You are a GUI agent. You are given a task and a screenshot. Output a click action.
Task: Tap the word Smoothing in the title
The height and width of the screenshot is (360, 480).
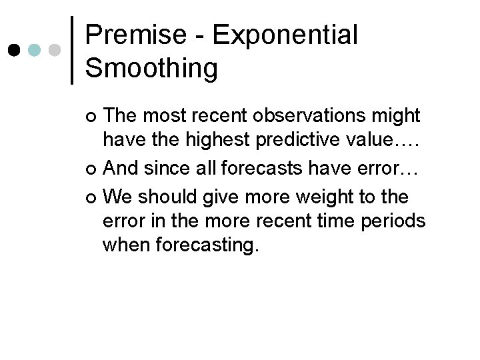click(151, 67)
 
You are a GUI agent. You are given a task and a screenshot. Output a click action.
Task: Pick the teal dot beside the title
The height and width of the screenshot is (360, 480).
click(35, 50)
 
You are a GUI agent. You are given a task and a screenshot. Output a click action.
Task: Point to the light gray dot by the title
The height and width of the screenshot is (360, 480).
click(55, 50)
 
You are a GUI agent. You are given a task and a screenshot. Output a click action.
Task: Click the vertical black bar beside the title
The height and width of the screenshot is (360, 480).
click(72, 50)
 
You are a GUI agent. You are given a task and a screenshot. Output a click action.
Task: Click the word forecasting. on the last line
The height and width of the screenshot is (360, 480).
click(207, 247)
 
